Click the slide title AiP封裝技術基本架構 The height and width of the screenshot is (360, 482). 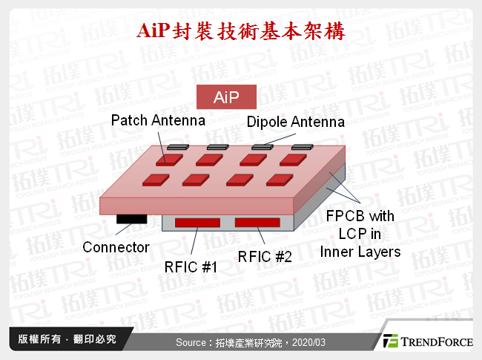point(241,32)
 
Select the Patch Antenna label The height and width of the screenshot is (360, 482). point(158,120)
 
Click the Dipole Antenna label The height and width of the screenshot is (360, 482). point(295,122)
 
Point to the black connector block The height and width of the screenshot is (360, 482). point(131,218)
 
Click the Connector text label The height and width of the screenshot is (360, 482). point(116,247)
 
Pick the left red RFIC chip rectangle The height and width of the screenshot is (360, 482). point(197,222)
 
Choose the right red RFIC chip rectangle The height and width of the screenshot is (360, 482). point(258,222)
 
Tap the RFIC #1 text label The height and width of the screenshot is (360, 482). point(191,265)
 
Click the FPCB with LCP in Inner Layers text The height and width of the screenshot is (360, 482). point(360,234)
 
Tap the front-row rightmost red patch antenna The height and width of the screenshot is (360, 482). point(280,179)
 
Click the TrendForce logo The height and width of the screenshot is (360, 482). point(426,341)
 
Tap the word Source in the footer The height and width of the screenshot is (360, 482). point(194,342)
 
